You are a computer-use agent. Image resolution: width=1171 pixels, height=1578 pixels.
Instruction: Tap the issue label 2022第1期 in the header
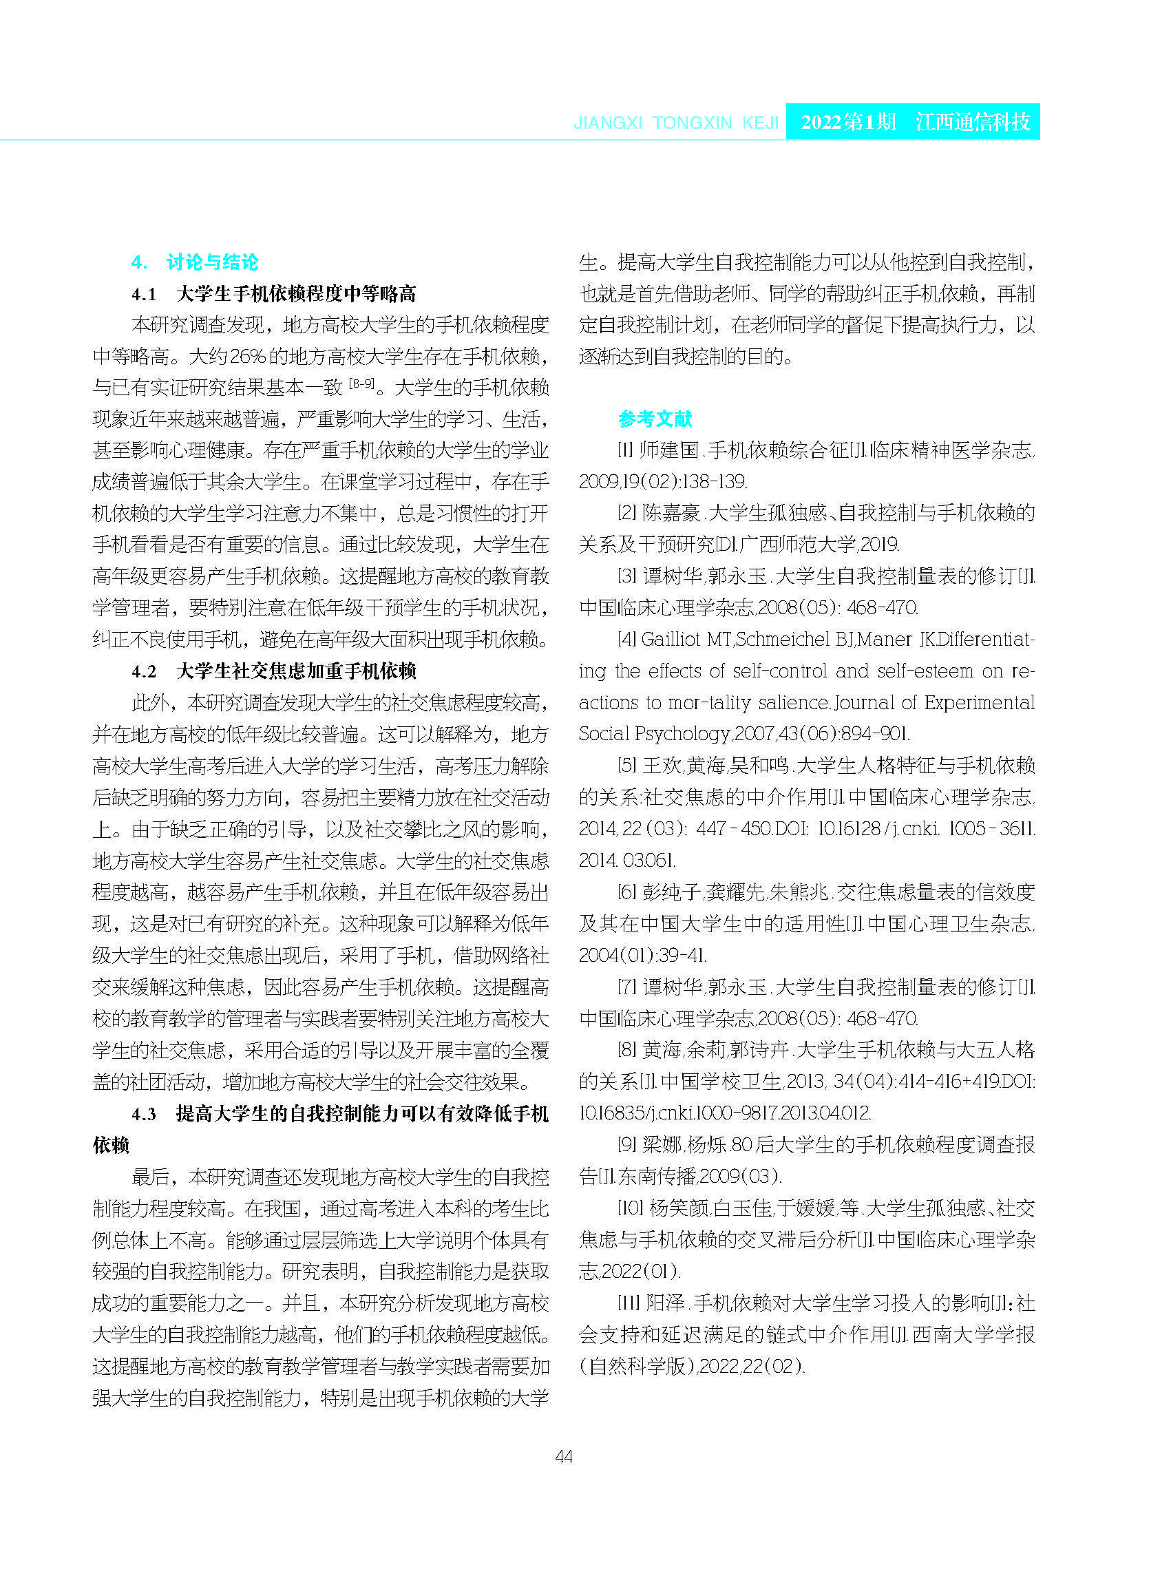tap(849, 122)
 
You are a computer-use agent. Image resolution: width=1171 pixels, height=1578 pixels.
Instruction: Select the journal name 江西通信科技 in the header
tap(973, 122)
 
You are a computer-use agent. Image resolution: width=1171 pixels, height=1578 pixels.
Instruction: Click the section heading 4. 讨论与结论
tap(195, 262)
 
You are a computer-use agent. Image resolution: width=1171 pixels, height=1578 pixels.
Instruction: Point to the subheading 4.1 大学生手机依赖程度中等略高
tap(273, 293)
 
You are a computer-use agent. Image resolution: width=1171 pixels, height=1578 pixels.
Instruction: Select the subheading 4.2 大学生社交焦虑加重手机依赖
tap(273, 671)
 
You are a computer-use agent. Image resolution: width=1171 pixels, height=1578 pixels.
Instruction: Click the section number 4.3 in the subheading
tap(144, 1114)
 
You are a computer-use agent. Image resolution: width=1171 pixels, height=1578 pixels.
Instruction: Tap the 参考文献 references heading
tap(654, 419)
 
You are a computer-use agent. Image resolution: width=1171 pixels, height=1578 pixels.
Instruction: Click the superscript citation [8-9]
tap(361, 384)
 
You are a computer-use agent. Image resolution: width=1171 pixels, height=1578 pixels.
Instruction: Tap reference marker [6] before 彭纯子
tap(626, 892)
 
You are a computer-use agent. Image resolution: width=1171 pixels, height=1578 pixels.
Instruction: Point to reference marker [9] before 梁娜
tap(626, 1145)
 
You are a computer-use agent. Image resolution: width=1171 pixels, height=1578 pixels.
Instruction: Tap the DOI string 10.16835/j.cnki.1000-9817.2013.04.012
tap(724, 1113)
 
